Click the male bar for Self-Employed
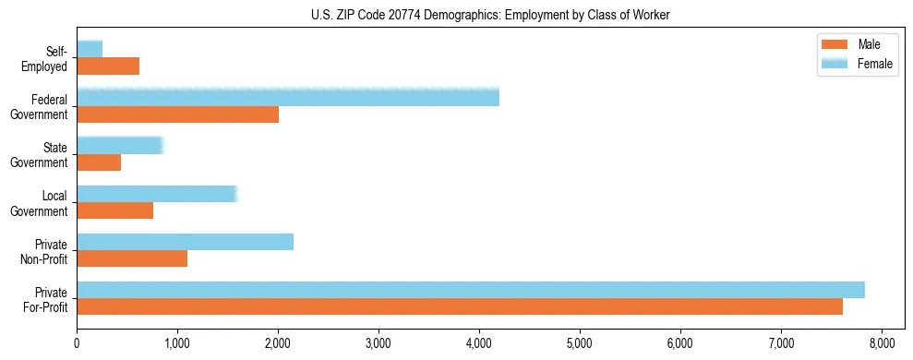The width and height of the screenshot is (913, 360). pos(108,66)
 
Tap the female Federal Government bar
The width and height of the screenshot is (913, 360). pos(288,97)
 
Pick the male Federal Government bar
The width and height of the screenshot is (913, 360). pos(177,114)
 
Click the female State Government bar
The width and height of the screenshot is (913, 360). pos(120,145)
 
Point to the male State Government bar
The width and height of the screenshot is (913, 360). pos(99,162)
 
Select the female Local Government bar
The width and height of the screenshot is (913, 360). pos(157,194)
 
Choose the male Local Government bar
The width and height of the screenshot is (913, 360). pos(114,210)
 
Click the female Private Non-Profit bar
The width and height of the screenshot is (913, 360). pos(185,242)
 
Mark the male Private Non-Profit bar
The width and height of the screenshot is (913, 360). pos(132,258)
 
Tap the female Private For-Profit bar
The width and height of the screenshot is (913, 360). pos(471,290)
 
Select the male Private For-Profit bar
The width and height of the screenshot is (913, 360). pos(460,306)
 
